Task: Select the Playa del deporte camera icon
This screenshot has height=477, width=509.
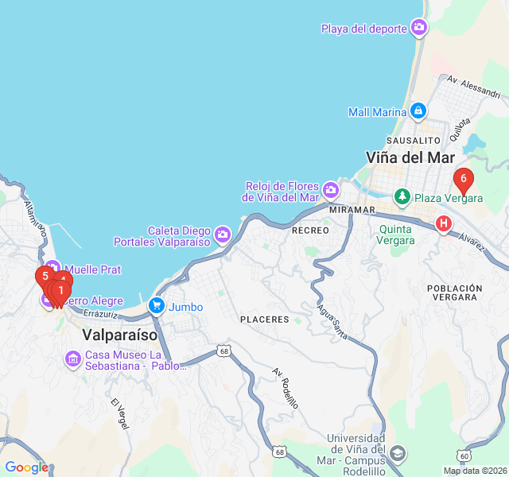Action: pyautogui.click(x=419, y=29)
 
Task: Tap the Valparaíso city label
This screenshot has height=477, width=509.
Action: pyautogui.click(x=120, y=335)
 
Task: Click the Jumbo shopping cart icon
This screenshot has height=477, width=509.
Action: pyautogui.click(x=156, y=306)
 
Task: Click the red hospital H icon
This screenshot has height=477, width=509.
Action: pyautogui.click(x=444, y=224)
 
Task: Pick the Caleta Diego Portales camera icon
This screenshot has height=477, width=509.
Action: pyautogui.click(x=222, y=235)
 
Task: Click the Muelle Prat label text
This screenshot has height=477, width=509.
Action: pyautogui.click(x=93, y=270)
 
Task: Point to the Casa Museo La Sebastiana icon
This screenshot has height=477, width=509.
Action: pyautogui.click(x=73, y=359)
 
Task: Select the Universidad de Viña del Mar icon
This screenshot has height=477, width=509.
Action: pyautogui.click(x=398, y=454)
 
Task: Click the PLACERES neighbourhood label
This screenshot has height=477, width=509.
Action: pyautogui.click(x=265, y=319)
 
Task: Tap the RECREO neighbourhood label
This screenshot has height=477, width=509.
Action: pyautogui.click(x=310, y=230)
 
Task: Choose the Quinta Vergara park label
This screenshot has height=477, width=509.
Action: pyautogui.click(x=396, y=235)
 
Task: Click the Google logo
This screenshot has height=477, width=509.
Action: pyautogui.click(x=26, y=467)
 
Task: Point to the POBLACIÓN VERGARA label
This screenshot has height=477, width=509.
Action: pyautogui.click(x=454, y=292)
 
